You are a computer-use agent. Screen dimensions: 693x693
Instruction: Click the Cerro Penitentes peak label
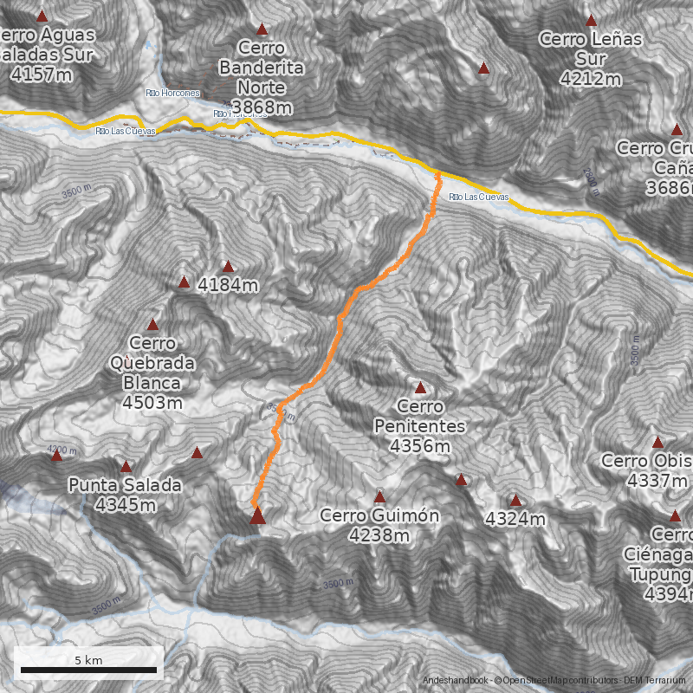click(420, 426)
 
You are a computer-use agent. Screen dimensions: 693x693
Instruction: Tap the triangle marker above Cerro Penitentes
click(421, 388)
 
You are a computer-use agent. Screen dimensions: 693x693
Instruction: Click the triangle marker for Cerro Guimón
click(379, 497)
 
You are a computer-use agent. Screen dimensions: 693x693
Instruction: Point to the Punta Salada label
click(126, 495)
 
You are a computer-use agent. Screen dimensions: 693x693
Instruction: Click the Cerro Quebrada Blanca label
click(152, 372)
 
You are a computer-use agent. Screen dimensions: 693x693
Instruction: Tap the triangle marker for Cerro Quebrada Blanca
click(153, 325)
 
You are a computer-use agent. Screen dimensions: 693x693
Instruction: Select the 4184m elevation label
click(229, 284)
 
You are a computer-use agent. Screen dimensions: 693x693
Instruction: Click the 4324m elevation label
click(515, 519)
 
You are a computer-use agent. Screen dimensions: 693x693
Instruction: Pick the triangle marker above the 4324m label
click(515, 500)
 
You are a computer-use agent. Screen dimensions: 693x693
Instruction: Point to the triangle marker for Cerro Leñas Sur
click(592, 20)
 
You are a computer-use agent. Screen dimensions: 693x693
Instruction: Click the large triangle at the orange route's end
click(257, 517)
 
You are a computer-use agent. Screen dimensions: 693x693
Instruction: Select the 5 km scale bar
click(88, 669)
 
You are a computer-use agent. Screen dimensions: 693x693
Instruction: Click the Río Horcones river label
click(172, 93)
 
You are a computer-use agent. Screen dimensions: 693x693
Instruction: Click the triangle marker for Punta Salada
click(126, 467)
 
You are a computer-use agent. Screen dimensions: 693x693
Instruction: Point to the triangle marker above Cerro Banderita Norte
click(262, 29)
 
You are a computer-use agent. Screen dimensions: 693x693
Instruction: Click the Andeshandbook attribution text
click(455, 680)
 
